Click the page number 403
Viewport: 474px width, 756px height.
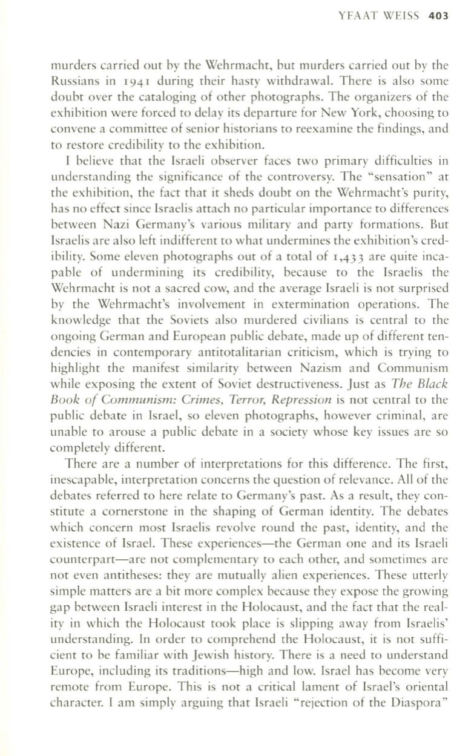point(438,16)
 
